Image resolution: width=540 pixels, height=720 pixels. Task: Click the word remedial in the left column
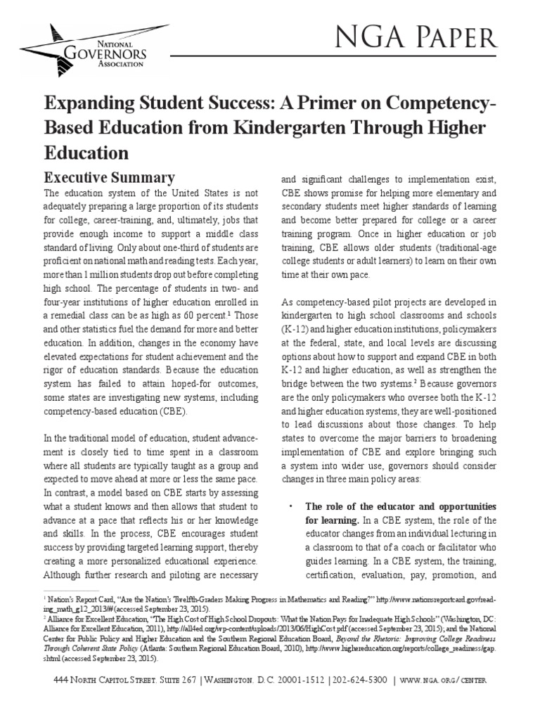(73, 312)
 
